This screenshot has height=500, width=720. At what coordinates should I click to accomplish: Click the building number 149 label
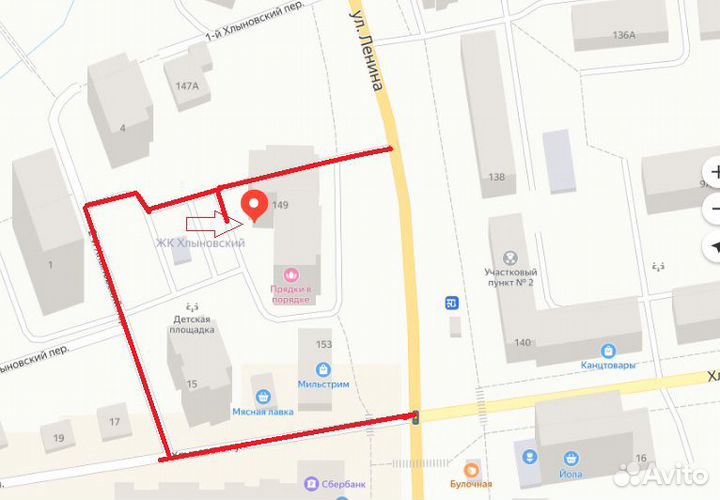280,205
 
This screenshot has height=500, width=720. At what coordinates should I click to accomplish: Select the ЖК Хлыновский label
199,243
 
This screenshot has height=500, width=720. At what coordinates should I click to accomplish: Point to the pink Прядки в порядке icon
291,273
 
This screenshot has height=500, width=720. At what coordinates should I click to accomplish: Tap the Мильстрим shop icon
323,366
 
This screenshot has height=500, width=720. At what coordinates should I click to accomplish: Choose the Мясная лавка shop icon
263,395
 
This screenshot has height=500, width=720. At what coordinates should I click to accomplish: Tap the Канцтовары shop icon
608,351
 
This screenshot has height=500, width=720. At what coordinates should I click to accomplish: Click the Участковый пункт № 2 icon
511,257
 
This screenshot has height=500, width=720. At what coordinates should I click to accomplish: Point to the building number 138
496,177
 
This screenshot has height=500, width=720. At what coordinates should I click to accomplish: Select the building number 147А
187,86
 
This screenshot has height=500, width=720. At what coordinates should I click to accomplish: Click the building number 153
323,345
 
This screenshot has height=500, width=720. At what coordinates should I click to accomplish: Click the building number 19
59,438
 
